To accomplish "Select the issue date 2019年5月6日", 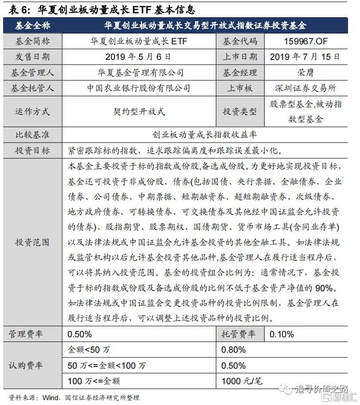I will click(138, 57).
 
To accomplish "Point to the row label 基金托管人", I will click(32, 88).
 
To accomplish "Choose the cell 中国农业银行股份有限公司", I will click(138, 88).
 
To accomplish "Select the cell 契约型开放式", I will click(138, 112).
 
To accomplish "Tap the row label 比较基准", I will click(32, 134).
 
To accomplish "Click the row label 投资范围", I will click(32, 242).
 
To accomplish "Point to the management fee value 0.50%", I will click(80, 334).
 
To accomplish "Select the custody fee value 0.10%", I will click(282, 334).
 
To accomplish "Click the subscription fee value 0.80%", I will click(234, 350).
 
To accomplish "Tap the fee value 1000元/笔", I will click(242, 381).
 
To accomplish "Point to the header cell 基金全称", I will click(32, 26).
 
